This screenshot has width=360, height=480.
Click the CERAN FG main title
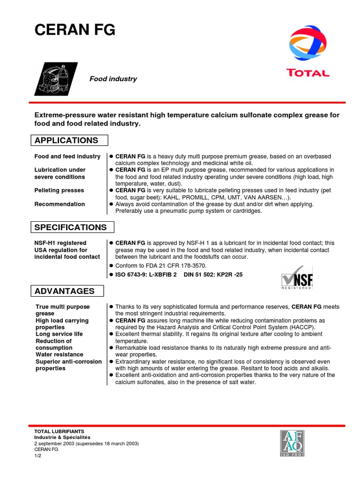pyautogui.click(x=75, y=30)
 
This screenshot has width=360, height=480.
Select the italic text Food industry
pyautogui.click(x=113, y=79)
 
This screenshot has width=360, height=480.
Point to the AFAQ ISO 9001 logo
pyautogui.click(x=293, y=443)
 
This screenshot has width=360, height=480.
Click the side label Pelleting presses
pyautogui.click(x=59, y=190)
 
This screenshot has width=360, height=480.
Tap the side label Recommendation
pyautogui.click(x=60, y=204)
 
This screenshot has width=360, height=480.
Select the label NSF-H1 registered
pyautogui.click(x=60, y=243)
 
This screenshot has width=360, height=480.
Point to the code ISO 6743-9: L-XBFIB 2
pyautogui.click(x=146, y=275)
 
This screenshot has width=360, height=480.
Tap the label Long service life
pyautogui.click(x=59, y=334)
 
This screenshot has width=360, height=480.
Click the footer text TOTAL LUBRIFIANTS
pyautogui.click(x=59, y=431)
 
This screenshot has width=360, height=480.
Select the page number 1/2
pyautogui.click(x=38, y=455)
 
